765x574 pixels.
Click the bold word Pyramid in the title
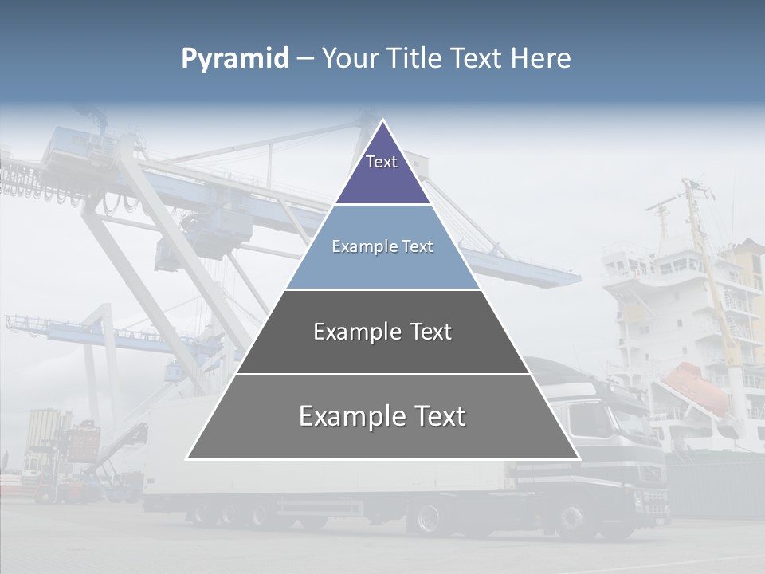(x=235, y=59)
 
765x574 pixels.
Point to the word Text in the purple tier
(x=382, y=162)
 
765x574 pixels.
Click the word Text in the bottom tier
(x=437, y=416)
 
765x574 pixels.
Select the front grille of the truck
(x=653, y=498)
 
